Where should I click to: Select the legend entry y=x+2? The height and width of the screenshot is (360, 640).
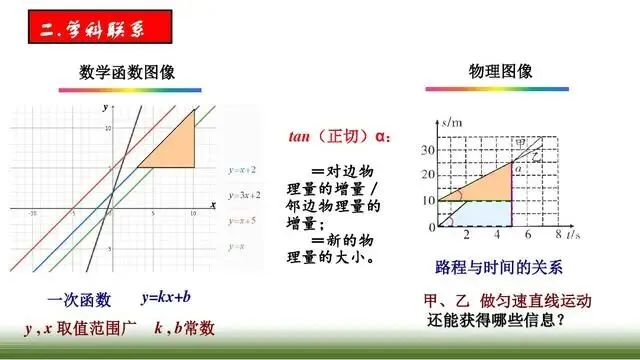click(242, 170)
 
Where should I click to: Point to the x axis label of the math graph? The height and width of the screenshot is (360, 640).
click(213, 204)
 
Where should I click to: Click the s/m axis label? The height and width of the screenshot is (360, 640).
click(451, 120)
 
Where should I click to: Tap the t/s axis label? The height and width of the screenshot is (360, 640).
click(573, 237)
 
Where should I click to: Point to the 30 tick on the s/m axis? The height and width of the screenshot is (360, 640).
click(428, 150)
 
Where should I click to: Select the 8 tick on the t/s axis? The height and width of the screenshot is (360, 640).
click(557, 236)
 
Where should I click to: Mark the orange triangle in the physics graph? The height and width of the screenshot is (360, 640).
click(485, 185)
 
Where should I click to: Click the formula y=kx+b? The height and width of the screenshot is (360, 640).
click(166, 299)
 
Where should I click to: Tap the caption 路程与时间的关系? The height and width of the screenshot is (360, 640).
click(499, 268)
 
